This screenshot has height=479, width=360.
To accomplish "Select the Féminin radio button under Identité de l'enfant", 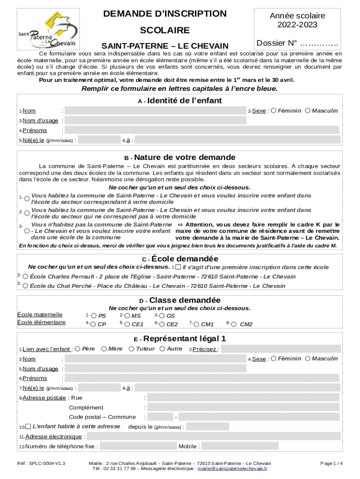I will click(274, 111).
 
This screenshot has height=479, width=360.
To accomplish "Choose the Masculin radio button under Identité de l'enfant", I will click(308, 111).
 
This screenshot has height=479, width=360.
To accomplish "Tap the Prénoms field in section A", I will click(202, 130).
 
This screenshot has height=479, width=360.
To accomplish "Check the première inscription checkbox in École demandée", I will click(178, 267).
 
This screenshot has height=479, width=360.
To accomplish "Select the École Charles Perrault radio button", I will click(25, 277).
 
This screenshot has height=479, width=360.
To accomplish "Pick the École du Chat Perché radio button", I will click(25, 286).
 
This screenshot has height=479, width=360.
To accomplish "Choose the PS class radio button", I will click(94, 316).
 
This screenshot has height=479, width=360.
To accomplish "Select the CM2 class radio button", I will click(235, 324).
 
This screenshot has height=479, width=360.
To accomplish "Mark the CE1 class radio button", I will click(127, 324).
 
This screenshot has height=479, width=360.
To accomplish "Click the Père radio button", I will click(78, 349).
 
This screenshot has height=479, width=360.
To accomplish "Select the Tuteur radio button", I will click(131, 349).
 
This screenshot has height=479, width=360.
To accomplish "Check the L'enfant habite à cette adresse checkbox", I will click(28, 427).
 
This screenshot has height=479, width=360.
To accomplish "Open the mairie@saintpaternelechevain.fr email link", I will click(232, 468).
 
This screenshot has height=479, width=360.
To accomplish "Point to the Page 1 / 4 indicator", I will click(331, 463).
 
